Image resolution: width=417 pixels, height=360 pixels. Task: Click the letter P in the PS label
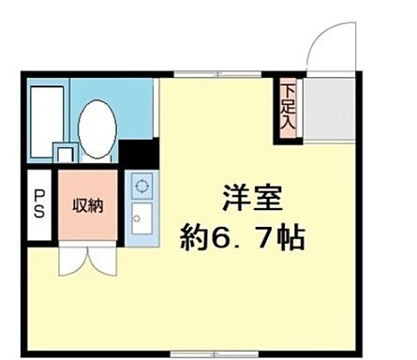pos(39,198)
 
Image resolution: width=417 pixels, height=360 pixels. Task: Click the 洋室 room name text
pos(251,199)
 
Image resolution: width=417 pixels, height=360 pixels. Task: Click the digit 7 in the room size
pos(265,235)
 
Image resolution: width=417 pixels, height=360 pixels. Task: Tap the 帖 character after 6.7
pos(290,235)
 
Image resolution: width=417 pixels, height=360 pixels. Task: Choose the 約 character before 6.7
pos(196,235)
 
